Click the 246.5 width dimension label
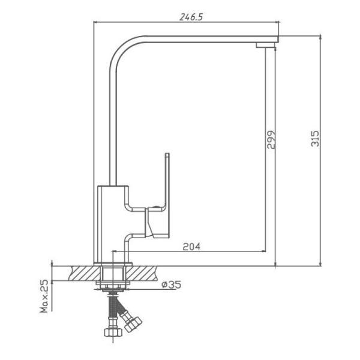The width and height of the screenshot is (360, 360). pos(191,17)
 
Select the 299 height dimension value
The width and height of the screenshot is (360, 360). pos(271,140)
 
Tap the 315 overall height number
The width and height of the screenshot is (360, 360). pos(315,139)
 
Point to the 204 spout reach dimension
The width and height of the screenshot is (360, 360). pos(191,247)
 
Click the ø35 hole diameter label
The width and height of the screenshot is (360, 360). pos(171,284)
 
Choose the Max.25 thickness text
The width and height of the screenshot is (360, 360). pos(44,296)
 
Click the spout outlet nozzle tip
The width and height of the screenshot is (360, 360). pos(266,45)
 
